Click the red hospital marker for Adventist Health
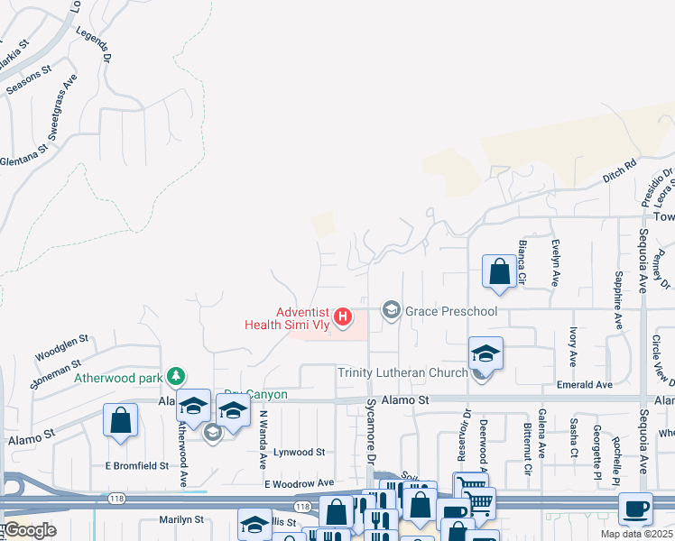pos(343,316)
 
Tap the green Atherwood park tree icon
pos(178,376)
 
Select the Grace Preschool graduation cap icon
pos(391,311)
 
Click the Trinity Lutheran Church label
pos(402,372)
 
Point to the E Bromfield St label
pos(136,465)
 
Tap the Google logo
pos(30,530)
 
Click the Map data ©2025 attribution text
pos(637,534)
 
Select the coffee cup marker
pos(635,509)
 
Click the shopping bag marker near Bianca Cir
pos(499,271)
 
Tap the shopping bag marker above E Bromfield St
pos(120,421)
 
